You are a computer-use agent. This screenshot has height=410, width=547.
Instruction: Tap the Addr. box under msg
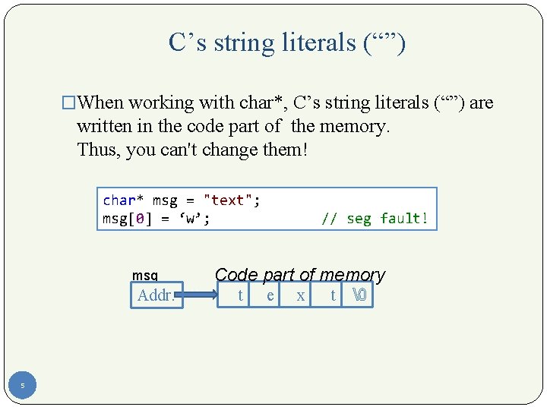157,295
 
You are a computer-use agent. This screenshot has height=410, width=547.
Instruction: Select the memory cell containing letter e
270,295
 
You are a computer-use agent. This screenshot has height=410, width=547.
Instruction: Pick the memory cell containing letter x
301,295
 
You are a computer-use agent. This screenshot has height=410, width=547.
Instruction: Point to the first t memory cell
240,295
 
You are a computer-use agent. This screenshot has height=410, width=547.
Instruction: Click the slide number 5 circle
23,386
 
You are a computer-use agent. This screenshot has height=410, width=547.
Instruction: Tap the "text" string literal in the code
228,200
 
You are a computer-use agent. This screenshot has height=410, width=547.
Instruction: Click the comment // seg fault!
375,219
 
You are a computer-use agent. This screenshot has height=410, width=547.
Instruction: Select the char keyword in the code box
119,200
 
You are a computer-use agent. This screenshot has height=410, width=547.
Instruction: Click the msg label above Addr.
144,276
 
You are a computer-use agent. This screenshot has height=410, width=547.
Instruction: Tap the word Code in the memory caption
236,275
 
